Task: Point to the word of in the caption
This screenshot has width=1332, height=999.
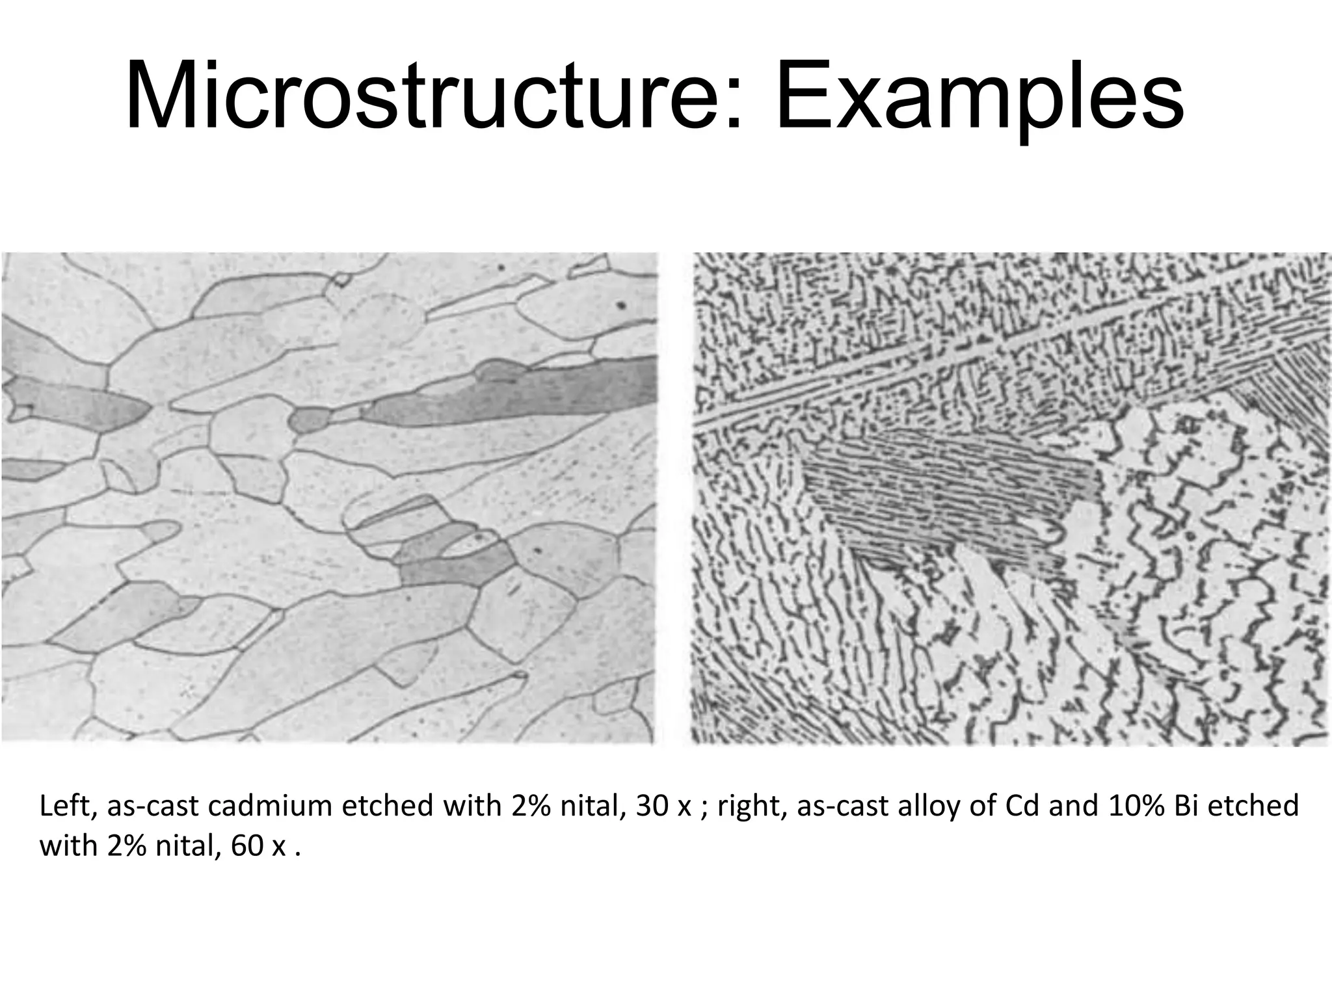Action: pyautogui.click(x=981, y=806)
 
